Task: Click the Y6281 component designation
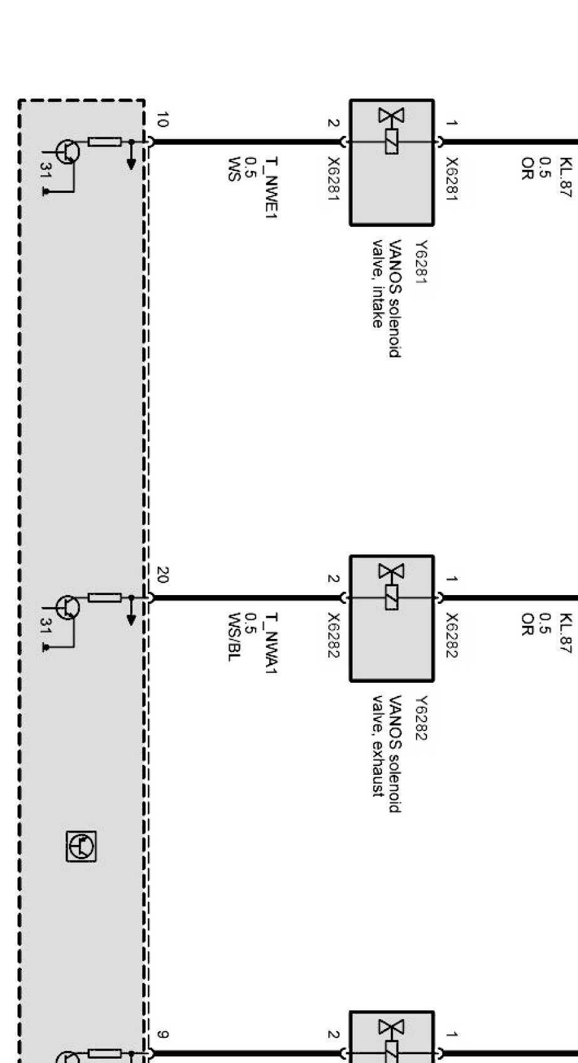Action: click(421, 261)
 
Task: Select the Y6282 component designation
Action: click(421, 717)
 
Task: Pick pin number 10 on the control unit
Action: click(162, 120)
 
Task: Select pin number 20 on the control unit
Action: click(162, 575)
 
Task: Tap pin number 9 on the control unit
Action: click(161, 1034)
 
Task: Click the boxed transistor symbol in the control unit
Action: click(82, 847)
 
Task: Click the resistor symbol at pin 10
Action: click(105, 142)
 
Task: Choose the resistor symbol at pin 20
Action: click(105, 598)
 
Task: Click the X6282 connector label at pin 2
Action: click(333, 635)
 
